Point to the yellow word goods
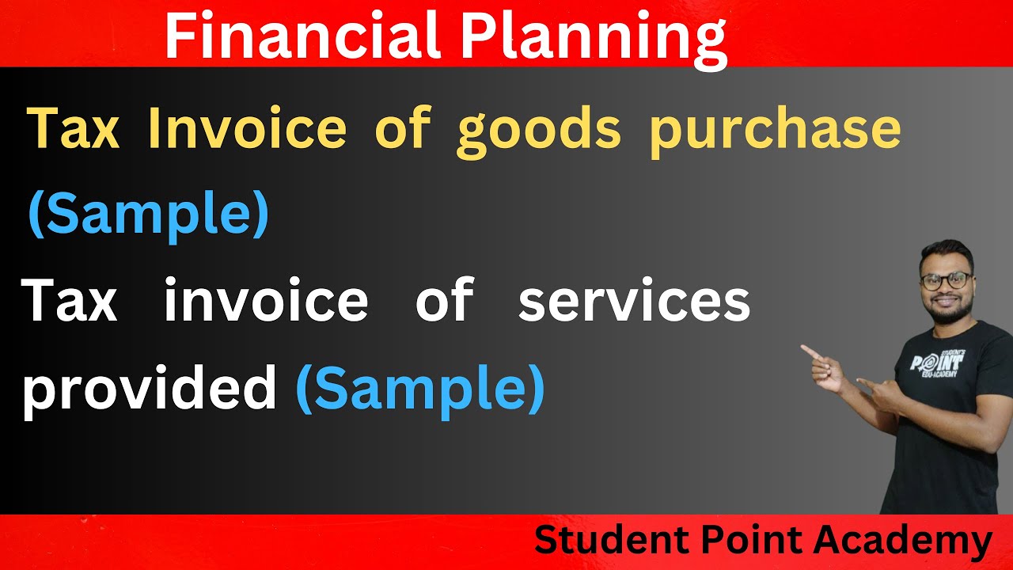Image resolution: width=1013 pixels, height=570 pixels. [x=539, y=131]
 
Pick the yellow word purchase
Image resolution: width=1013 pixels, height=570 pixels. [x=776, y=131]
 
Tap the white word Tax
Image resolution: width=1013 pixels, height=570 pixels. [x=70, y=302]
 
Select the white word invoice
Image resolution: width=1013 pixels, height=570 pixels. [x=266, y=302]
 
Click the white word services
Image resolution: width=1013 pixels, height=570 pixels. [x=634, y=302]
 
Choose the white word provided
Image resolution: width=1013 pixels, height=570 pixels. [x=150, y=390]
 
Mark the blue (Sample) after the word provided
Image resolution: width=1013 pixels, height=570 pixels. [x=420, y=390]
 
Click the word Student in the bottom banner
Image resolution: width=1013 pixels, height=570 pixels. [x=602, y=541]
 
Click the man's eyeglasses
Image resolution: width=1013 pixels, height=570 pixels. [x=946, y=280]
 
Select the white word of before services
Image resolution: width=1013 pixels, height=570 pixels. [x=444, y=302]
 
